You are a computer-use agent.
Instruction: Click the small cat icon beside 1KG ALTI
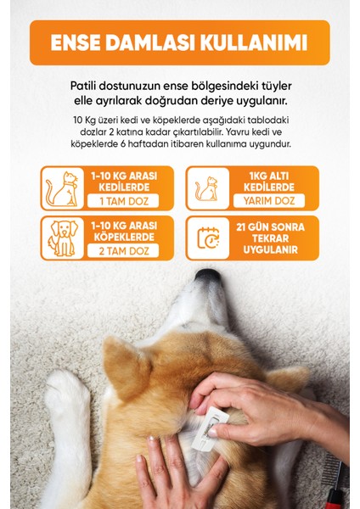coord(206,188)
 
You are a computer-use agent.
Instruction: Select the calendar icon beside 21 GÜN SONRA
coord(206,238)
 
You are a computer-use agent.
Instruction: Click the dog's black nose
coord(207,277)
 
